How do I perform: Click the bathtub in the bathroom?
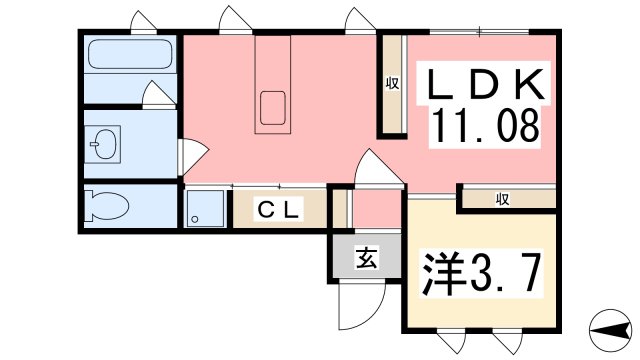pos(130,54)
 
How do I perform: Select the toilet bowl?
pos(108,206)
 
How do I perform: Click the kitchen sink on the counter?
pos(273,108)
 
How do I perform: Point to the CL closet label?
pos(278,209)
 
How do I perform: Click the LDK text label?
pos(484,84)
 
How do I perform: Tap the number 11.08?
pos(484,126)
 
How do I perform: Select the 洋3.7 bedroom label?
pos(482,273)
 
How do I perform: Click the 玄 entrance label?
pos(366,258)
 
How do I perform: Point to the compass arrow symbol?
pos(611,330)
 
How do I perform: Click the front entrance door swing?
pos(362,305)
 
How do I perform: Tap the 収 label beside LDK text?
pos(392,84)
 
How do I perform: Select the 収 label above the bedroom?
pos(502,200)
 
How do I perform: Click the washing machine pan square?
pos(205,208)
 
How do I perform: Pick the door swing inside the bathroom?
pos(158,94)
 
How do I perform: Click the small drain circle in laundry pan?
pos(195,219)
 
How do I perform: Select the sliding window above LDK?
pos(479,32)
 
